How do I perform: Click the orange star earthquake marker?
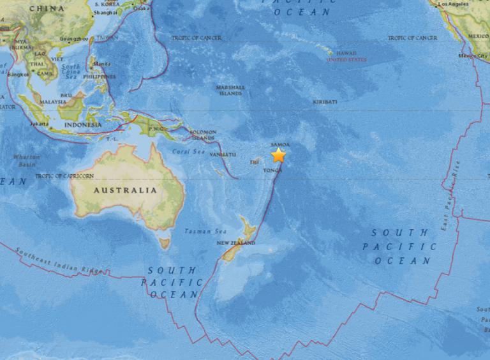click(279, 155)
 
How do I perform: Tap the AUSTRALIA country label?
click(125, 190)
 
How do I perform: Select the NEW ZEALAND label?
click(235, 243)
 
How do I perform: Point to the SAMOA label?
click(279, 145)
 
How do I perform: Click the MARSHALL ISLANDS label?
click(230, 90)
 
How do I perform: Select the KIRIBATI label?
click(325, 101)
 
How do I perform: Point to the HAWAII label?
click(346, 53)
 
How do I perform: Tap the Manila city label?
click(101, 64)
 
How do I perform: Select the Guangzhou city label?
click(72, 38)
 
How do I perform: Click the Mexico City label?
click(472, 56)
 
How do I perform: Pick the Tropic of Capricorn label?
click(64, 176)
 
